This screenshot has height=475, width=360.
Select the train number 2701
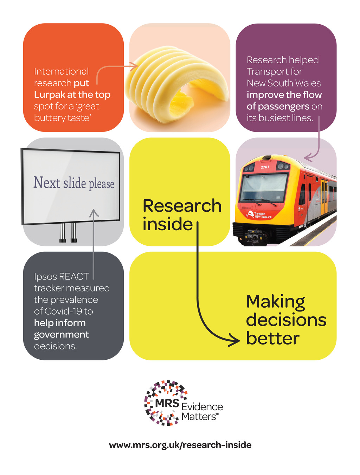pyautogui.click(x=265, y=167)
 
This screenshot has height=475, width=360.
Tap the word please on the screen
pyautogui.click(x=101, y=184)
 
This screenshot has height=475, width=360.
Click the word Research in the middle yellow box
pyautogui.click(x=182, y=206)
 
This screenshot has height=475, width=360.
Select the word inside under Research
pyautogui.click(x=167, y=224)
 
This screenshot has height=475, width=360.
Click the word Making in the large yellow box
pyautogui.click(x=275, y=302)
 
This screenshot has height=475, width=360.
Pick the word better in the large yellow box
pyautogui.click(x=272, y=339)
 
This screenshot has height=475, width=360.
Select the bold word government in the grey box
pyautogui.click(x=61, y=335)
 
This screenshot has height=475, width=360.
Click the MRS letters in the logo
pyautogui.click(x=167, y=403)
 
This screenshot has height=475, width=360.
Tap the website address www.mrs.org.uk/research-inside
pyautogui.click(x=180, y=445)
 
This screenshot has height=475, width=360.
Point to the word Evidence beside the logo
pyautogui.click(x=202, y=407)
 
